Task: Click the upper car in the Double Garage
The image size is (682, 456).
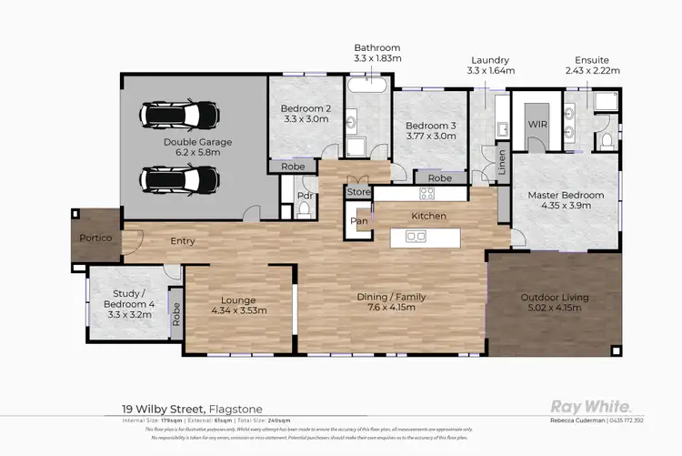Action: (180, 116)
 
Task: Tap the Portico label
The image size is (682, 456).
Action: (94, 238)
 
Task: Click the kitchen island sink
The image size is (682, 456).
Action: (416, 237)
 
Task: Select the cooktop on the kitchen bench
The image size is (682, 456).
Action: (426, 194)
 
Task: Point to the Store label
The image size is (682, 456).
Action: (356, 193)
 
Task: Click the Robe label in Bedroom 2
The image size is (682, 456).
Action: (292, 167)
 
